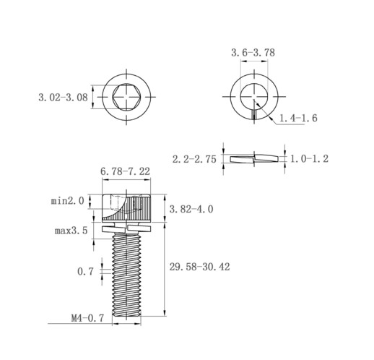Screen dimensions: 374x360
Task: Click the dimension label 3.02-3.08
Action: coord(63,98)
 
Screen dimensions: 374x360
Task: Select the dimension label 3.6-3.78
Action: coord(253,53)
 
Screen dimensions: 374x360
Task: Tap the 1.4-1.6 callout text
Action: coord(298,118)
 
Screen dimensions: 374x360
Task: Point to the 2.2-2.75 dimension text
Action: coord(194,159)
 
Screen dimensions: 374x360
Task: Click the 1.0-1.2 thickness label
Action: coord(309,159)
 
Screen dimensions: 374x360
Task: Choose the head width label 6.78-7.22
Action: coord(125,171)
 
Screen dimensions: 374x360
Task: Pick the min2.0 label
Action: coord(68,201)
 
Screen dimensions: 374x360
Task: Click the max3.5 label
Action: coord(71,231)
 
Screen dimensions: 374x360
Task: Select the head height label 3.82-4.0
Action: coord(191,209)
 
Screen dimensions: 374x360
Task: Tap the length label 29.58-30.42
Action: coord(199,267)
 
